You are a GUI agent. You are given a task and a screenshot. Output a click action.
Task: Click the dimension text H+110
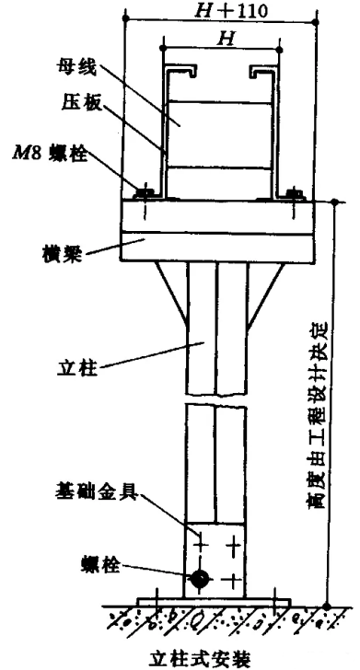[231, 10]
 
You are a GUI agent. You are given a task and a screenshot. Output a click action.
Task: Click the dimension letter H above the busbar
[225, 40]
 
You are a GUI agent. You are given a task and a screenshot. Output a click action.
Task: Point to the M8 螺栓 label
[49, 155]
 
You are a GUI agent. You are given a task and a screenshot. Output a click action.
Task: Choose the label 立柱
[78, 368]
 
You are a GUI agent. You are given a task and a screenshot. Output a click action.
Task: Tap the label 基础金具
[95, 492]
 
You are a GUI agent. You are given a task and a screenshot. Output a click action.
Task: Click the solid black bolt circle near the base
[199, 580]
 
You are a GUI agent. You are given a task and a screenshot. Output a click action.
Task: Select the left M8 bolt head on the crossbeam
[144, 193]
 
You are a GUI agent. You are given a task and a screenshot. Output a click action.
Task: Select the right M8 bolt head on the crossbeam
[294, 193]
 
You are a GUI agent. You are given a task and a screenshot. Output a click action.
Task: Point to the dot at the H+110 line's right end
[316, 22]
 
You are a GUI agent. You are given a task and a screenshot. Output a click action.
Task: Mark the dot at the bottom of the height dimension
[327, 606]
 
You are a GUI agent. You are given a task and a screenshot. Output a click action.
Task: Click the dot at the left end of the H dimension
[163, 50]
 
